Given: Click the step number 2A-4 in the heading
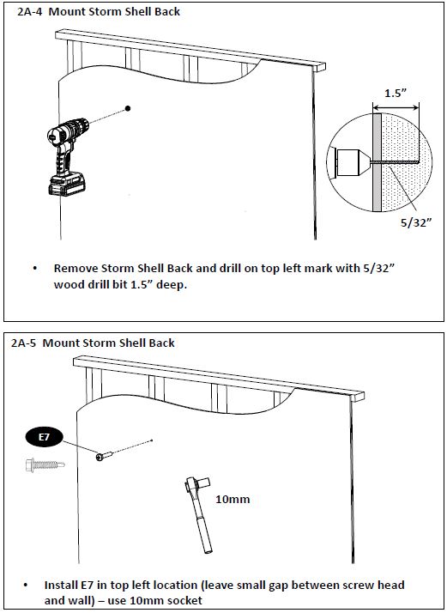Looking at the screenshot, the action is (30, 12).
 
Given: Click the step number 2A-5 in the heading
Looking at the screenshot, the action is (24, 343).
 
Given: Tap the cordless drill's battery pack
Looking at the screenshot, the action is (67, 184).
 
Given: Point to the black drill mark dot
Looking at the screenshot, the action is (128, 108).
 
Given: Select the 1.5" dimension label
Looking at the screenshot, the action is (396, 93).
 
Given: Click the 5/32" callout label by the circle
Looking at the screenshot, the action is (416, 222).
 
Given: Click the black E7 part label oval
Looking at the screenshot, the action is (44, 437).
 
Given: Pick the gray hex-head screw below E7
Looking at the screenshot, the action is (45, 464).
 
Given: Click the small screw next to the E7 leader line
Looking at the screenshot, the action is (104, 456).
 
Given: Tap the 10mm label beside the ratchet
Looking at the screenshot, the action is (233, 499).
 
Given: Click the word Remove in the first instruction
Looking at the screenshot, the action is (76, 269).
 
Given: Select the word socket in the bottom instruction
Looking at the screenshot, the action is (187, 600).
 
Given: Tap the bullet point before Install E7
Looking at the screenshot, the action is (26, 586).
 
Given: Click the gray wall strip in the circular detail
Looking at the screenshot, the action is (377, 162).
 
